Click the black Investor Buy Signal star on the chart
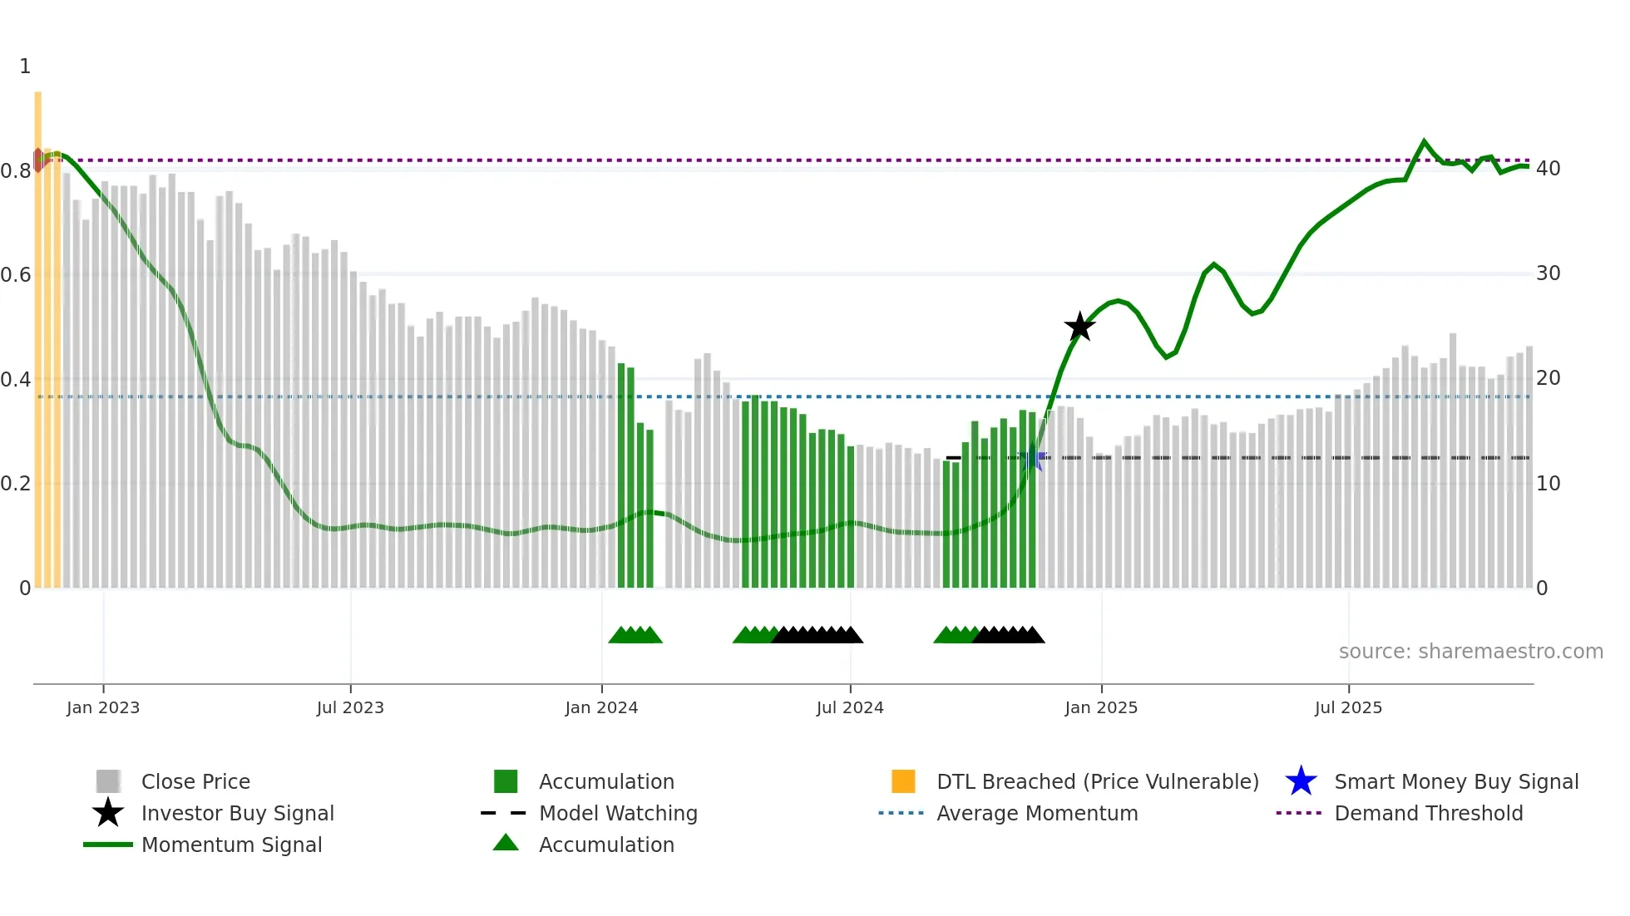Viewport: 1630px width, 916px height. click(x=1079, y=327)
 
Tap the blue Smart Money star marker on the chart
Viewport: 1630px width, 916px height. click(x=1032, y=458)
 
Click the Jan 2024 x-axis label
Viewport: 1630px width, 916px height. click(x=601, y=708)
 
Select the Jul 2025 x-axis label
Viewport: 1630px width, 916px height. click(x=1348, y=708)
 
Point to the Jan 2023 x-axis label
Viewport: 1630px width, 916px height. click(x=103, y=708)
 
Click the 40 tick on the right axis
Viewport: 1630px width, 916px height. click(x=1548, y=169)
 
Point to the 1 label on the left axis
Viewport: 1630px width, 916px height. click(x=25, y=66)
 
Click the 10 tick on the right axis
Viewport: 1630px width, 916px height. click(x=1548, y=484)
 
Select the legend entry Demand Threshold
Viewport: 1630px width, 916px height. click(x=1428, y=814)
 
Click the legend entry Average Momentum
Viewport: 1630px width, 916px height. click(x=1037, y=814)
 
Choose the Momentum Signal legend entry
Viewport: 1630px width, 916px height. click(x=231, y=845)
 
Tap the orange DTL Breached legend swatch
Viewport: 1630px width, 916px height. click(x=903, y=781)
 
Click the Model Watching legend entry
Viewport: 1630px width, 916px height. click(x=618, y=814)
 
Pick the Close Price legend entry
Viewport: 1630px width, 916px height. click(x=195, y=782)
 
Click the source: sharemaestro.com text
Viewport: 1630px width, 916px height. click(x=1470, y=652)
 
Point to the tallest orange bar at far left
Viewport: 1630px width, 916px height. click(x=38, y=332)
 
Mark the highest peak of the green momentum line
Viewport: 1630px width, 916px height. click(x=1424, y=141)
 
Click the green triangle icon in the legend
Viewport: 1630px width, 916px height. click(x=506, y=844)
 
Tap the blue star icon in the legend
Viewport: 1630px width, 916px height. click(x=1301, y=781)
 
